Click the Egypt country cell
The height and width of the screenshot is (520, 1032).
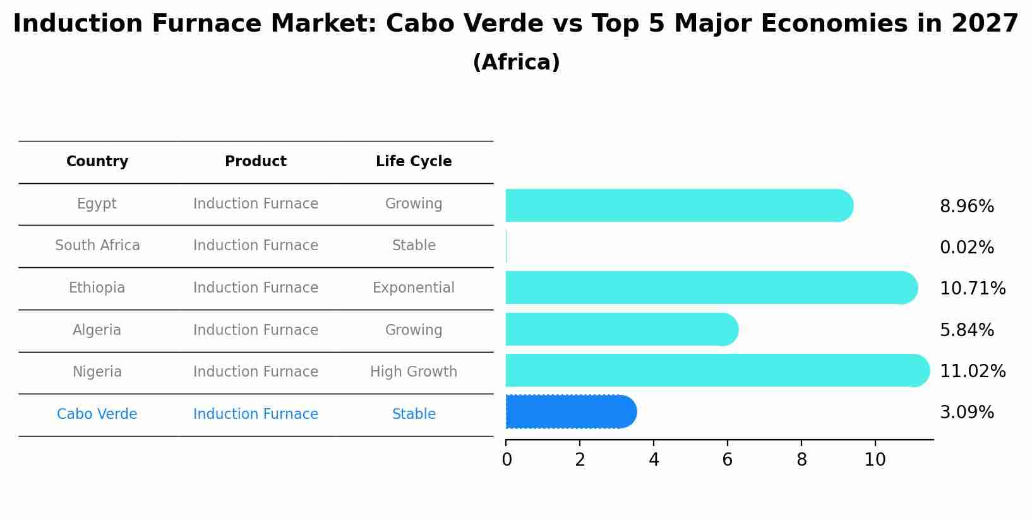pos(97,204)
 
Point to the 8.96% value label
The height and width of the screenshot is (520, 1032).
pos(966,207)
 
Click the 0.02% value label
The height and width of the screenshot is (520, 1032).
pos(966,248)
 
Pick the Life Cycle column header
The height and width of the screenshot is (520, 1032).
pos(414,162)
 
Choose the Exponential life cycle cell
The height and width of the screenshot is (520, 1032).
pos(414,288)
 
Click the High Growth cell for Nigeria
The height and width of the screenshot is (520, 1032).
pos(414,372)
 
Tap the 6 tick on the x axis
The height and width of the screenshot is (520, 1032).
pos(728,460)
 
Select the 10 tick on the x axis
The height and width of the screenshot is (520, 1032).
pos(875,460)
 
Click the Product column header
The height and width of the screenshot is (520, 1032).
pos(256,162)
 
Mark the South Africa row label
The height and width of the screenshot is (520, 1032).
pos(97,246)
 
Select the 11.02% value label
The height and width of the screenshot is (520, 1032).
pos(972,372)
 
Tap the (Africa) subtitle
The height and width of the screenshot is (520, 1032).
pos(516,63)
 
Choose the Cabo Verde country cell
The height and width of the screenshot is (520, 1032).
pos(97,414)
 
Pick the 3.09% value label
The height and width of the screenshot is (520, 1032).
pos(966,413)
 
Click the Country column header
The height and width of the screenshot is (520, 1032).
pos(97,162)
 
